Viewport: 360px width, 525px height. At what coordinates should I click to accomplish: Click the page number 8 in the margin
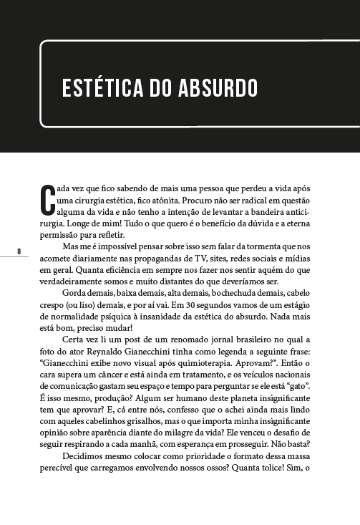coord(19,250)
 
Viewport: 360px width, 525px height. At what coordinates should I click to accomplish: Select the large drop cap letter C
coord(47,201)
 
